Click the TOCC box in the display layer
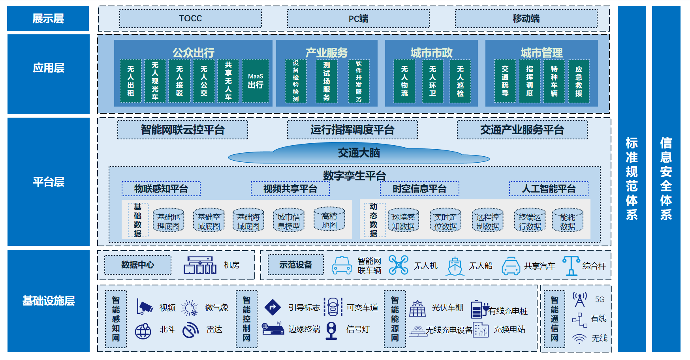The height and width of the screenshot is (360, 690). click(x=190, y=19)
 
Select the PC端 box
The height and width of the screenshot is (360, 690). click(x=358, y=19)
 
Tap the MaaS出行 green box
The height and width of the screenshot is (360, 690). click(x=255, y=81)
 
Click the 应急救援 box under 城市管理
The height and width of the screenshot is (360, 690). click(x=579, y=81)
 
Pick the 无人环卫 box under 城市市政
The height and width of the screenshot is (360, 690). click(x=432, y=81)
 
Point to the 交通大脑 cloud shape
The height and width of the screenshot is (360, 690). click(x=359, y=153)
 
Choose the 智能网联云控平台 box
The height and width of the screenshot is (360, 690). click(x=182, y=130)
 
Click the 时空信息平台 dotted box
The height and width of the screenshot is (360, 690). click(x=419, y=189)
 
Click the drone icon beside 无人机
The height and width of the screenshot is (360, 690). click(x=399, y=265)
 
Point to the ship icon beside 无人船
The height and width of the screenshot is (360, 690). click(x=455, y=266)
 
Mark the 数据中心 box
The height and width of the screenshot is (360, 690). click(x=138, y=265)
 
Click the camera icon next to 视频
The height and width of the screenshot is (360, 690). click(x=144, y=307)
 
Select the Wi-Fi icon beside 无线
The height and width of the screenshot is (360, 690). click(x=579, y=339)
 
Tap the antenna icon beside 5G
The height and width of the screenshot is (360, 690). click(x=580, y=300)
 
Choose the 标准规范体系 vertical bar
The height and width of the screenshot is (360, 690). click(x=632, y=178)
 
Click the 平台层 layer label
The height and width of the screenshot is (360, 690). click(x=49, y=182)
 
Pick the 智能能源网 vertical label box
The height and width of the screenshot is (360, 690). click(x=395, y=319)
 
